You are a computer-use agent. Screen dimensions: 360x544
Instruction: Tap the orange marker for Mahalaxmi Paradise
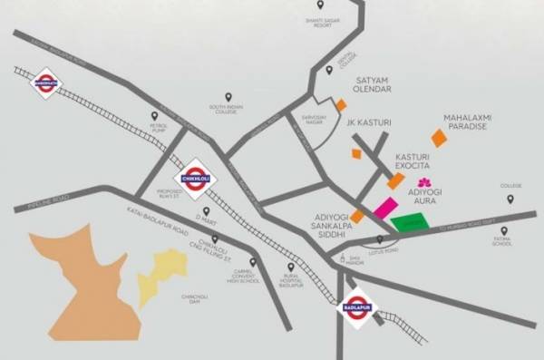[439, 137]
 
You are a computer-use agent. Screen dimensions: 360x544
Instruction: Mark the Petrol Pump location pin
[154, 116]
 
